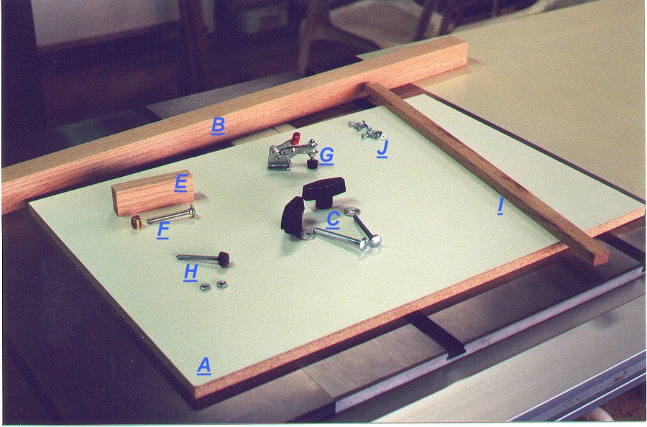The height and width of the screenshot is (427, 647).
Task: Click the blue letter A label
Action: [204, 366]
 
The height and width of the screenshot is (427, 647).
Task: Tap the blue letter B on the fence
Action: [218, 126]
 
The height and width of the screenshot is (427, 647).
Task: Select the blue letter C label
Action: [333, 219]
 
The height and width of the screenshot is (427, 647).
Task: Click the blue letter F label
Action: [163, 230]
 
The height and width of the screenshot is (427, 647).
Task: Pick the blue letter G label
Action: [326, 156]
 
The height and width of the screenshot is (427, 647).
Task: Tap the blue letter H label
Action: [191, 272]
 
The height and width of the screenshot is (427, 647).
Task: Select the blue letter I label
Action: [500, 206]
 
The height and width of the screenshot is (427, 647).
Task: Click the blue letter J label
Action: [383, 149]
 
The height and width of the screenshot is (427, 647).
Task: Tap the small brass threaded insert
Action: [136, 222]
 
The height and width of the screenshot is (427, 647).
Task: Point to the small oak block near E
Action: [152, 193]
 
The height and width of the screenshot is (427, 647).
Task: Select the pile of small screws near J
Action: [367, 129]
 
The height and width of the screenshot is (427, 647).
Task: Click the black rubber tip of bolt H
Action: [224, 259]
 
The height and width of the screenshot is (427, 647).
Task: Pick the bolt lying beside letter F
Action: [171, 215]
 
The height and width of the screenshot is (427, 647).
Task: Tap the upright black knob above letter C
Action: [323, 191]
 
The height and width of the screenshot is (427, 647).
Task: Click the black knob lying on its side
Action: [293, 213]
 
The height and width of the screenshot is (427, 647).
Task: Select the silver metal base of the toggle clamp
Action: [280, 160]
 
